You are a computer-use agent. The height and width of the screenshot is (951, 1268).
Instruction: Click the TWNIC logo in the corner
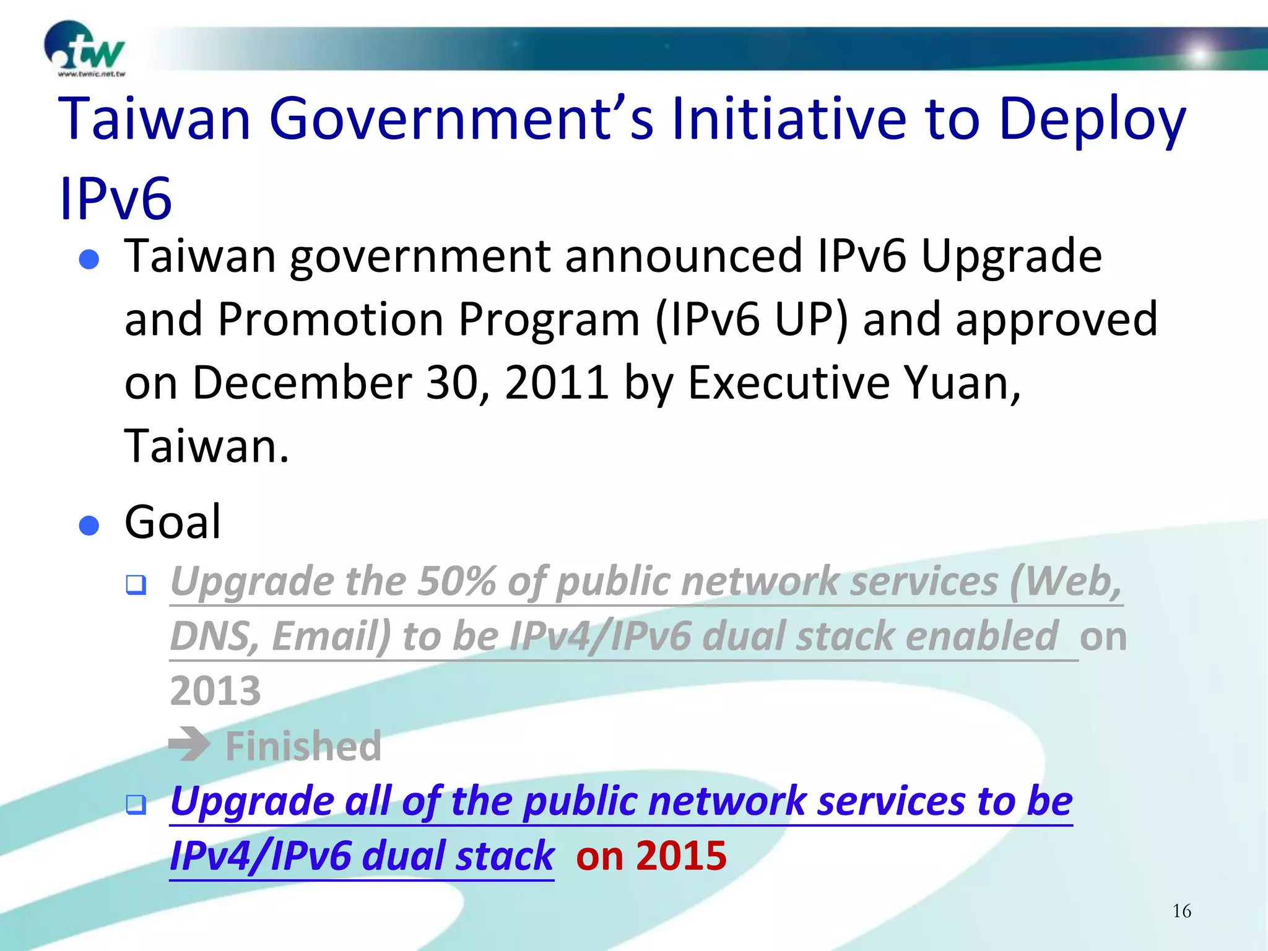pos(85,50)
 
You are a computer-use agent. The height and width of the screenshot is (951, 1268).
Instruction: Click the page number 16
pos(1181,911)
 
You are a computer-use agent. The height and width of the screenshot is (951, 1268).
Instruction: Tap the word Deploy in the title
pos(1092,119)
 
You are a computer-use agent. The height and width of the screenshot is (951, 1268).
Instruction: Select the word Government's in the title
pos(461,119)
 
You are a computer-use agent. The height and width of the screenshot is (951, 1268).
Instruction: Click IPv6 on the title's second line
pos(116,199)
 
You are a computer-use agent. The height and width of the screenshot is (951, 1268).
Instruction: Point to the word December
pos(302,383)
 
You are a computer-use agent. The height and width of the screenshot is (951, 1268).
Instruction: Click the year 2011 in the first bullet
pos(557,383)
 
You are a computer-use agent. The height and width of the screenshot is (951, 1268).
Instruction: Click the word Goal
pos(173,522)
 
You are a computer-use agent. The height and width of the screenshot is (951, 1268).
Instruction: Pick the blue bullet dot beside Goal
pos(89,525)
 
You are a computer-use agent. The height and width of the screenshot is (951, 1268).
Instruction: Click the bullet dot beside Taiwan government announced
pos(89,259)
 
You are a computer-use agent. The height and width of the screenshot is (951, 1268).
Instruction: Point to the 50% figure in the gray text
pos(457,581)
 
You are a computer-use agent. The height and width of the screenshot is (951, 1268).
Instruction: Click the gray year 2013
pos(215,691)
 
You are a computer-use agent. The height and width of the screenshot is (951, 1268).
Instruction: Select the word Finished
pos(303,745)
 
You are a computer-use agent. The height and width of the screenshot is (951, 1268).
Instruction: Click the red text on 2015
pos(651,856)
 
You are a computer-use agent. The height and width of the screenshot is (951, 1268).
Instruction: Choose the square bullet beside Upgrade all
pos(136,804)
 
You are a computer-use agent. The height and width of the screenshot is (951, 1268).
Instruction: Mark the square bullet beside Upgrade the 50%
pos(136,584)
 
